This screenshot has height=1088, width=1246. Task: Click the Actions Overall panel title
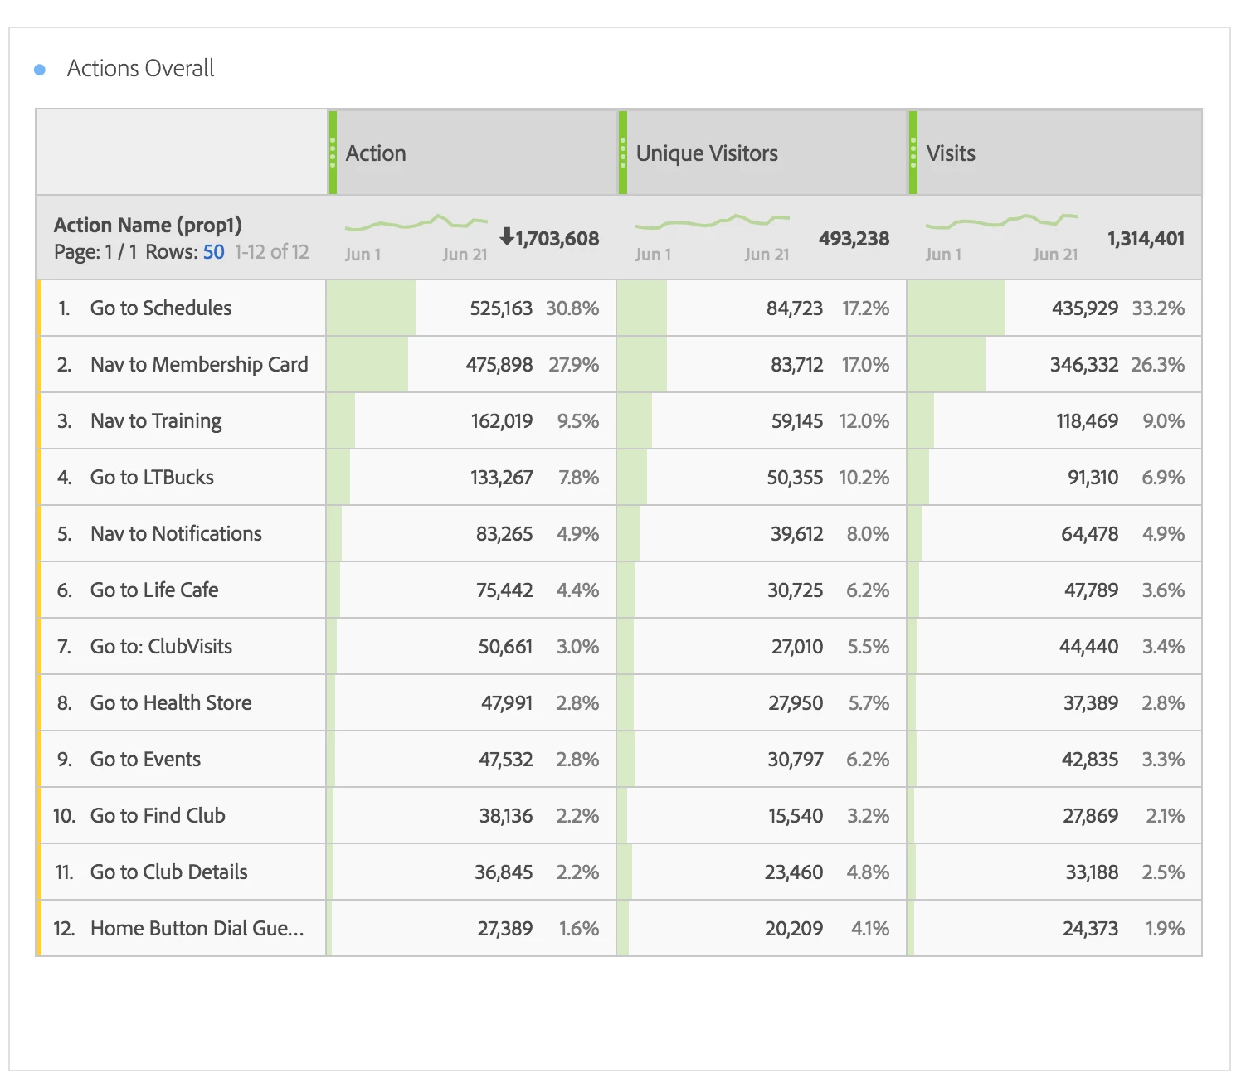140,68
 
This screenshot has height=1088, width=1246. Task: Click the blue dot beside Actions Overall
40,70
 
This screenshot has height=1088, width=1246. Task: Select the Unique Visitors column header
707,153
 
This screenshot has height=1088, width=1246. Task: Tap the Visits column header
951,153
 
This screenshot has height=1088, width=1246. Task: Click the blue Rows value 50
213,252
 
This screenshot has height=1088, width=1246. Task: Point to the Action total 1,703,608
557,239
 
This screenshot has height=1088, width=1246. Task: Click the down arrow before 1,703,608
506,237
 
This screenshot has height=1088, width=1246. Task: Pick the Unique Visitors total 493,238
854,239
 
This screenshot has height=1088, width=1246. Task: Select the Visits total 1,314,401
1146,239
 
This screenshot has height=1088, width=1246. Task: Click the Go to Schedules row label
161,308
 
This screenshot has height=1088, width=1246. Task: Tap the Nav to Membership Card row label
199,365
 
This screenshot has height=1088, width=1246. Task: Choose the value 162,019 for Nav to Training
502,421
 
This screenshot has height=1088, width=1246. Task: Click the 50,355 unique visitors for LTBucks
795,478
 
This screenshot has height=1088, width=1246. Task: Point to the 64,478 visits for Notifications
1089,534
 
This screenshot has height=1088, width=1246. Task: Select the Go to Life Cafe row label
154,590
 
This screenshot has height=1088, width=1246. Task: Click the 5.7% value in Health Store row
869,703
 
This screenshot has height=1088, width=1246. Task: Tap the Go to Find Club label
158,816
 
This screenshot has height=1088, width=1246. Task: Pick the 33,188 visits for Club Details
1092,872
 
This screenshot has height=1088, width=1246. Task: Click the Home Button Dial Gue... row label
197,929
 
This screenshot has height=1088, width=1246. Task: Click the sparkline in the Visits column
1001,222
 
